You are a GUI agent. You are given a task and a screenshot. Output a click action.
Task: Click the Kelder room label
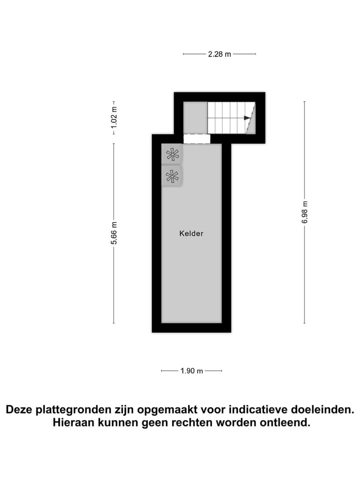coord(191,233)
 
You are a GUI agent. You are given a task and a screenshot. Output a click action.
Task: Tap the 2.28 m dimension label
coord(219,54)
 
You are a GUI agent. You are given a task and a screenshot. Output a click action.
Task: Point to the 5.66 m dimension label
coord(114,233)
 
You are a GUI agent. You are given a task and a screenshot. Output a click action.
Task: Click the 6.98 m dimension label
coord(304,212)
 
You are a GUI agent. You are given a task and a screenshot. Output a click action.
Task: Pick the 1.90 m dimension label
coord(191,371)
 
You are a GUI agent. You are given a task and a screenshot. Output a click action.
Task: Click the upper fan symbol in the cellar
coord(172,154)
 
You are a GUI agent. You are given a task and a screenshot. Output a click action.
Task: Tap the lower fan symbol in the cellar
coord(172,176)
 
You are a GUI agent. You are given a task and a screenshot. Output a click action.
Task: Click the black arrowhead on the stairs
coord(246,118)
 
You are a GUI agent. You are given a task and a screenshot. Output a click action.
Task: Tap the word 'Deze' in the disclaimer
coord(19,410)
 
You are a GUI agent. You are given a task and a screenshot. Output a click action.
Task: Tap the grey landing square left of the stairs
coord(195,117)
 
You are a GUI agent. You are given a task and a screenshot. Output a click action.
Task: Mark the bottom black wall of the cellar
coord(191,327)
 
